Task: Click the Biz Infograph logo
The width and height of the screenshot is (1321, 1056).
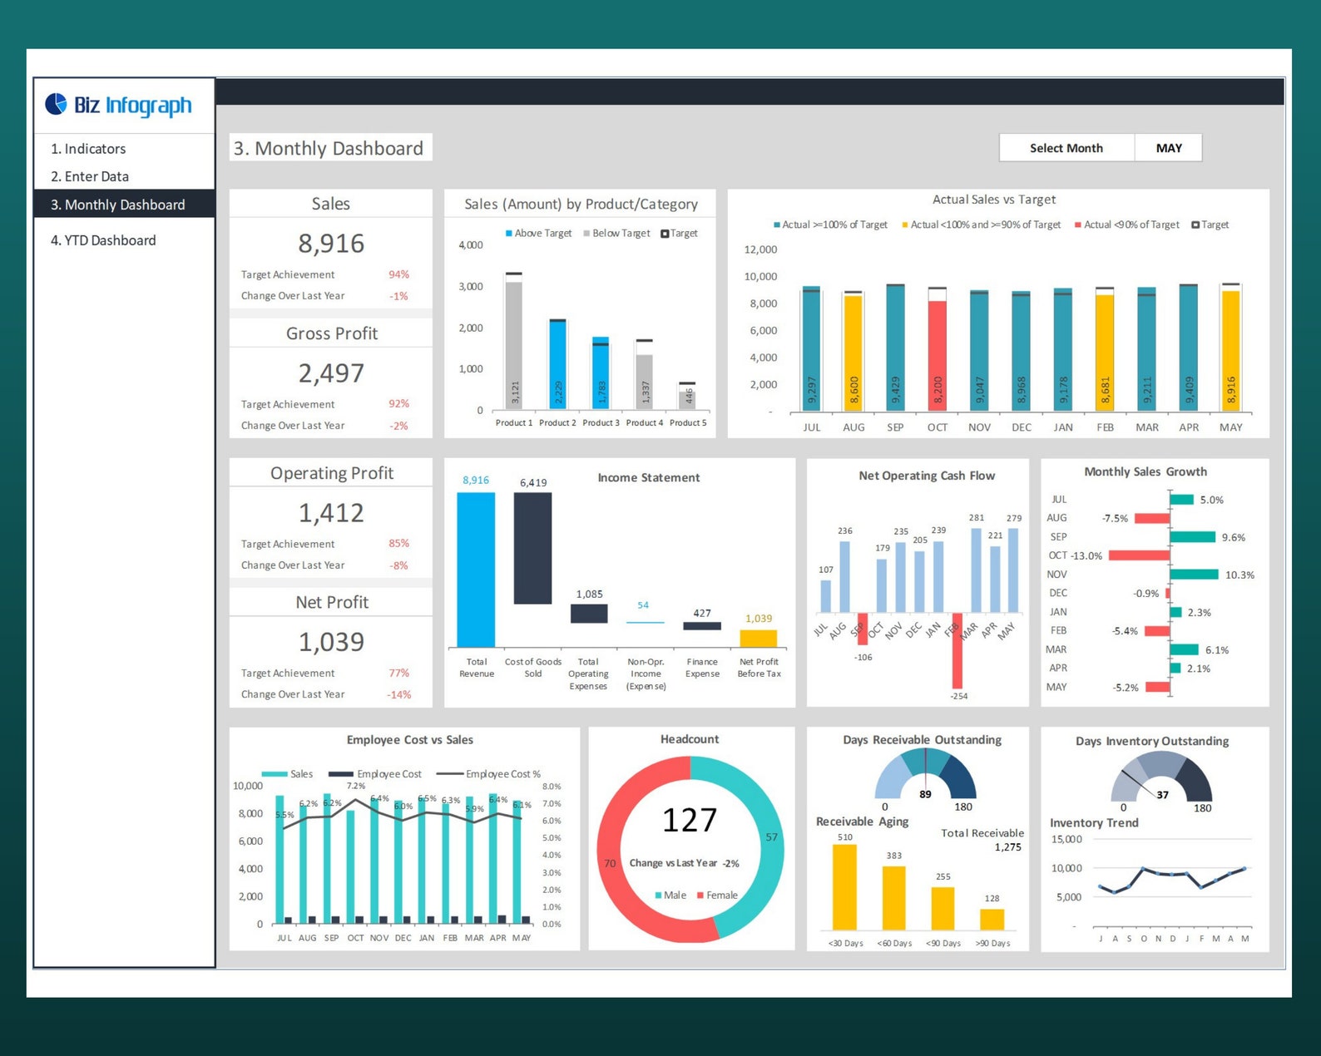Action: pos(118,105)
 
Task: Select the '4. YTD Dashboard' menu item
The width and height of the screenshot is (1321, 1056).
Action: pos(103,240)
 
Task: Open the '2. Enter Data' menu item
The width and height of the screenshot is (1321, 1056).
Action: pos(90,176)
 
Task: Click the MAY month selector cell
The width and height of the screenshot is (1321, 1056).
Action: pos(1168,148)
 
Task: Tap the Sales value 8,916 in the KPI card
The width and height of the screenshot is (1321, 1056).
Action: pos(331,244)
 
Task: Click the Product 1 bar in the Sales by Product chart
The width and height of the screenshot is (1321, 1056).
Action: pos(514,345)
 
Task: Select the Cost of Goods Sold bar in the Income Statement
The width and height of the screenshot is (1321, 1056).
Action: pos(532,548)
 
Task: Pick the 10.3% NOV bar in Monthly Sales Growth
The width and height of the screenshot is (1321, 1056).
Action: pos(1194,575)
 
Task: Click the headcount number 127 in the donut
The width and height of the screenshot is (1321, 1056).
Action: pos(690,821)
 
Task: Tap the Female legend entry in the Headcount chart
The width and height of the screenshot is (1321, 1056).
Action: pos(717,896)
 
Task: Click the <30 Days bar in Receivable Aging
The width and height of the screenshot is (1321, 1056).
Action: pos(844,887)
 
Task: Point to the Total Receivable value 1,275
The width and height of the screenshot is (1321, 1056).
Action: pos(1007,847)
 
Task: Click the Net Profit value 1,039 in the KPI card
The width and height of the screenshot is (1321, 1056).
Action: pos(331,642)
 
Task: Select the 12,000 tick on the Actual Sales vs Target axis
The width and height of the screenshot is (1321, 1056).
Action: pos(760,249)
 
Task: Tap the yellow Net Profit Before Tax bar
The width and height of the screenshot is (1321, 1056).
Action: pos(759,639)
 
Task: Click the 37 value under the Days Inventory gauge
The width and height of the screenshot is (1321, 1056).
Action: pos(1162,795)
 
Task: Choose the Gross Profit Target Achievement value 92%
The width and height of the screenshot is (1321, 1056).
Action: pos(398,404)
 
